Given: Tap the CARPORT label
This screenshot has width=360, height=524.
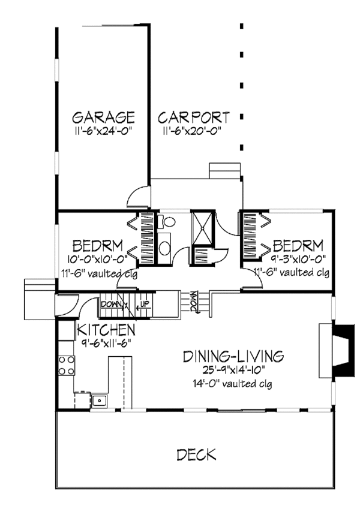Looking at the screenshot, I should [194, 116].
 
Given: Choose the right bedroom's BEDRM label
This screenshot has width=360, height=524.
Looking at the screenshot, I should [298, 245].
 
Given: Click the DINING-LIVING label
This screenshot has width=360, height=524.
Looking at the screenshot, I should [233, 356].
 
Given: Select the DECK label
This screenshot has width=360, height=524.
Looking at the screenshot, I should [196, 455].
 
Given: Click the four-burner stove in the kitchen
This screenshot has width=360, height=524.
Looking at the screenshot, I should [66, 365].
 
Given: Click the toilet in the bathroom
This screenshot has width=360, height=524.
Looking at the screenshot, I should [167, 222].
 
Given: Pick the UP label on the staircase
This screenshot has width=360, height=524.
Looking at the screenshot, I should [144, 305].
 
